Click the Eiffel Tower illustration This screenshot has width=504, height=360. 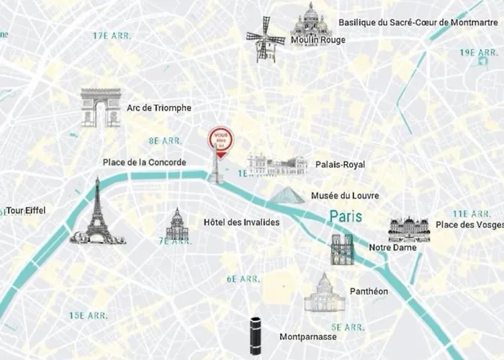(x=96, y=212)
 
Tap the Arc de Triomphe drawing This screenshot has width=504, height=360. (x=100, y=108)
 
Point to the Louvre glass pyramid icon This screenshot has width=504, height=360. (x=287, y=196)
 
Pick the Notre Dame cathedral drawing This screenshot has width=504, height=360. (x=342, y=249)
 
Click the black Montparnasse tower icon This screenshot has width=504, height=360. (x=256, y=335)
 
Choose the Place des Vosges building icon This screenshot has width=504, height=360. (x=408, y=229)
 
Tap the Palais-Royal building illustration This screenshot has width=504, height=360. (x=277, y=166)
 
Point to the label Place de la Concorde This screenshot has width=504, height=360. (x=144, y=163)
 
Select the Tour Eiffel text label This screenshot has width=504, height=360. (x=25, y=211)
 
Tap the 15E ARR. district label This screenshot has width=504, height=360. (x=88, y=315)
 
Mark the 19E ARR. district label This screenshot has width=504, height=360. (x=479, y=53)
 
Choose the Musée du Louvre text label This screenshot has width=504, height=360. (x=345, y=196)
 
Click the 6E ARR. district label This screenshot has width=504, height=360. (x=243, y=279)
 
